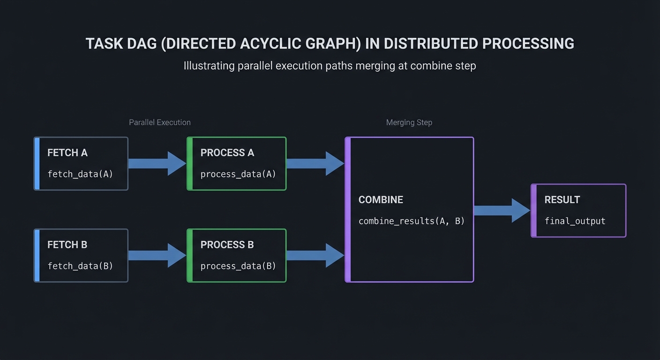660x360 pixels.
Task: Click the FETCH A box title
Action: pos(67,153)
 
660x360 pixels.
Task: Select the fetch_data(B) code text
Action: pos(80,266)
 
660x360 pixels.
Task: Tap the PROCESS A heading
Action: pos(227,153)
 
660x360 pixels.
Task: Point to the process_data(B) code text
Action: pos(238,266)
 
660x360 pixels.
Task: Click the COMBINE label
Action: pos(381,200)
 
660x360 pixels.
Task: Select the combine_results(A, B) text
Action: pos(411,221)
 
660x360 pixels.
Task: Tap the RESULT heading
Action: pos(562,200)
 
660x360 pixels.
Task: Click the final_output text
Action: pos(575,221)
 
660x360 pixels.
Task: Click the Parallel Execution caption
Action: pos(160,122)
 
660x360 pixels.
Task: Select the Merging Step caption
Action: pos(409,122)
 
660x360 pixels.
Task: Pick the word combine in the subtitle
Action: pos(427,66)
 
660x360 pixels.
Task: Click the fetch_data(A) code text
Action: pos(80,174)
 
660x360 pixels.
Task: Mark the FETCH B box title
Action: pos(67,245)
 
